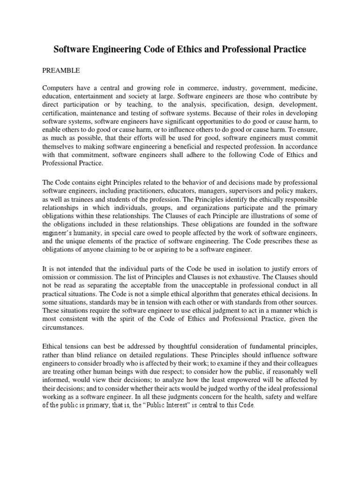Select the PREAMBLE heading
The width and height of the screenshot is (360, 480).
(x=61, y=70)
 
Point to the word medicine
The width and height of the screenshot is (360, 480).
(x=303, y=88)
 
